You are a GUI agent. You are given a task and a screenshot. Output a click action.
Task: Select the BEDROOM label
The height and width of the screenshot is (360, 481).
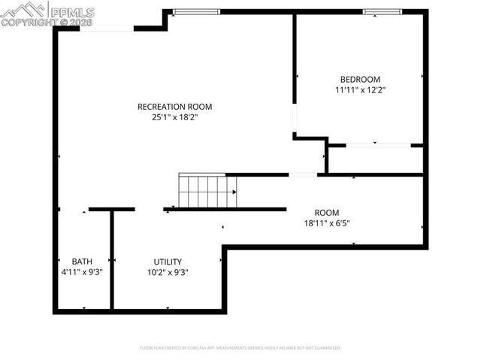pyautogui.click(x=360, y=79)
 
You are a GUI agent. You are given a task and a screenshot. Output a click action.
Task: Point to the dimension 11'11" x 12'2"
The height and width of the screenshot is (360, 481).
pyautogui.click(x=360, y=89)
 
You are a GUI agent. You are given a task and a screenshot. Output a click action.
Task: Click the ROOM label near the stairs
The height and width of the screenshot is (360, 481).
pyautogui.click(x=327, y=212)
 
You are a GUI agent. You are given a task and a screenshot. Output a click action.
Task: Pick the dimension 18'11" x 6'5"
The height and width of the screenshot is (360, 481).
pyautogui.click(x=327, y=222)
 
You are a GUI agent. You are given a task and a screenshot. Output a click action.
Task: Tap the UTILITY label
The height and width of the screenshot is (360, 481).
pyautogui.click(x=167, y=262)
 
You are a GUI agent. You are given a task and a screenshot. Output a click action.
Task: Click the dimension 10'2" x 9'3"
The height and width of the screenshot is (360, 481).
pyautogui.click(x=167, y=272)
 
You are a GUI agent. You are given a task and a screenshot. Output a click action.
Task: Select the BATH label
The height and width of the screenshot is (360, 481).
pyautogui.click(x=82, y=262)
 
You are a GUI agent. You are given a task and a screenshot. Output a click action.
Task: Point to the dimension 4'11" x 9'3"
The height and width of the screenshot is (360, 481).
pyautogui.click(x=82, y=272)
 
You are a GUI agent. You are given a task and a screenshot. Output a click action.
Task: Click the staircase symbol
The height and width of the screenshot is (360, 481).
pyautogui.click(x=207, y=191)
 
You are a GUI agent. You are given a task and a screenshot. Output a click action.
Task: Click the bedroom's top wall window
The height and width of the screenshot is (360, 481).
pyautogui.click(x=383, y=12)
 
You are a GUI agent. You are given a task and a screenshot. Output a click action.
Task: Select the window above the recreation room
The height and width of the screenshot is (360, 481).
pyautogui.click(x=196, y=12)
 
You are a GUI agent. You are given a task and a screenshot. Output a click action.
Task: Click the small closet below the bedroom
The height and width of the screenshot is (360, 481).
pyautogui.click(x=375, y=159)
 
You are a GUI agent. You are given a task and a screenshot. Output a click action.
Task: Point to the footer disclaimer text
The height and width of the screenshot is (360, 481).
pyautogui.click(x=240, y=348)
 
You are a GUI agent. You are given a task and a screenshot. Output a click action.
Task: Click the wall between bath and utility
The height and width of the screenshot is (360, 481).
pyautogui.click(x=112, y=259)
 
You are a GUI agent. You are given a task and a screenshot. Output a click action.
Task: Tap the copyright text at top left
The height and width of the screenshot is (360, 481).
pyautogui.click(x=47, y=23)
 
